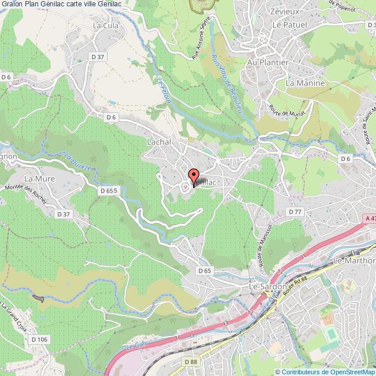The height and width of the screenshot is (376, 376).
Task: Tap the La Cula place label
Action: pyautogui.click(x=105, y=25)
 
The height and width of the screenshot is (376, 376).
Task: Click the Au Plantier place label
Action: pyautogui.click(x=267, y=61)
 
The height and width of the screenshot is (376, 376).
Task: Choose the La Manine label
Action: pyautogui.click(x=305, y=83)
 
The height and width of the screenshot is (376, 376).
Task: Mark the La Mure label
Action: pyautogui.click(x=39, y=178)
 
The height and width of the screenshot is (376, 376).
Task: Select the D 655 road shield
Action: pyautogui.click(x=108, y=190)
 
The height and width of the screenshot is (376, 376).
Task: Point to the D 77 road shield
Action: pyautogui.click(x=295, y=212)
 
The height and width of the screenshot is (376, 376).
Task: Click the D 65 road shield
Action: pyautogui.click(x=204, y=270)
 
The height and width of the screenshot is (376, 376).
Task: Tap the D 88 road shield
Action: pyautogui.click(x=190, y=362)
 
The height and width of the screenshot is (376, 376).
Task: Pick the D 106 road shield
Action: pyautogui.click(x=39, y=339)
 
